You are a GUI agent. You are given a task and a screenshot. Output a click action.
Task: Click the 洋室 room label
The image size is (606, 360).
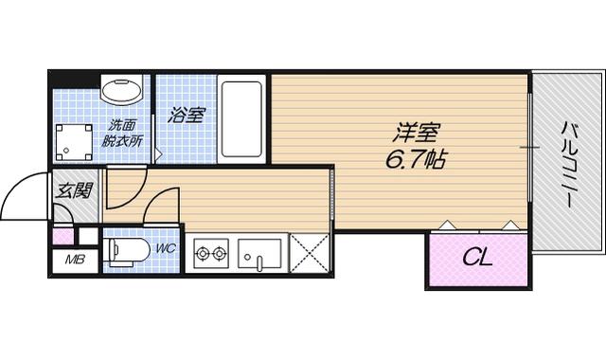pyautogui.click(x=417, y=133)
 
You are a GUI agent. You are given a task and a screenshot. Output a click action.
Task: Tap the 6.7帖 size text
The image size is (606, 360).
pyautogui.click(x=416, y=159)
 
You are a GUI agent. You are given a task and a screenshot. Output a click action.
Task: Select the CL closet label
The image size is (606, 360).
pyautogui.click(x=477, y=257)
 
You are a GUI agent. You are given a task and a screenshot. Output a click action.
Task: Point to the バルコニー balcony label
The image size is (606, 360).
pyautogui.click(x=567, y=165)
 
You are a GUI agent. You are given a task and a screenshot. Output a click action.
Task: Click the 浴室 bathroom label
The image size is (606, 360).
pyautogui.click(x=187, y=115)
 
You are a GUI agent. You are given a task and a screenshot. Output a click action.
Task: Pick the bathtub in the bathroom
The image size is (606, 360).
pyautogui.click(x=241, y=119)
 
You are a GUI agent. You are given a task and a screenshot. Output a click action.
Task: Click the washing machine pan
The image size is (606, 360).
pyautogui.click(x=74, y=142)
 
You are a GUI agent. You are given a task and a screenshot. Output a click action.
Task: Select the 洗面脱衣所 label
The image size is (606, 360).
pyautogui.click(x=121, y=134)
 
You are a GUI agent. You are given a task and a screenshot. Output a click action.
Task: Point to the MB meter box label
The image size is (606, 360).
pyautogui.click(x=75, y=260)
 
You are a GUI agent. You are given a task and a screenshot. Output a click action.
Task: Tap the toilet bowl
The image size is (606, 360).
pyautogui.click(x=128, y=252)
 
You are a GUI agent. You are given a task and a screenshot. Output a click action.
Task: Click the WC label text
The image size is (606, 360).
pyautogui.click(x=166, y=248)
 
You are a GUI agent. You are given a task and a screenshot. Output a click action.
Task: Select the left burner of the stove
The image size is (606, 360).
pyautogui.click(x=202, y=254)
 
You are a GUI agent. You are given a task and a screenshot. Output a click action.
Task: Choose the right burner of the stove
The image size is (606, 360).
pyautogui.click(x=220, y=254)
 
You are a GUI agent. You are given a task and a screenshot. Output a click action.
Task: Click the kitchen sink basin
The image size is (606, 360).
pyautogui.click(x=259, y=254)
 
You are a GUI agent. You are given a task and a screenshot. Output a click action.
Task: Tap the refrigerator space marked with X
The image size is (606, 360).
pyautogui.click(x=310, y=253)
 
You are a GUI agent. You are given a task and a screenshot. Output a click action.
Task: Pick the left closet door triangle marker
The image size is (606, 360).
pyautogui.click(x=446, y=225)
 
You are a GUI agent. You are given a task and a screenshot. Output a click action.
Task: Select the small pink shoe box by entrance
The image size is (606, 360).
pyautogui.click(x=63, y=237)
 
